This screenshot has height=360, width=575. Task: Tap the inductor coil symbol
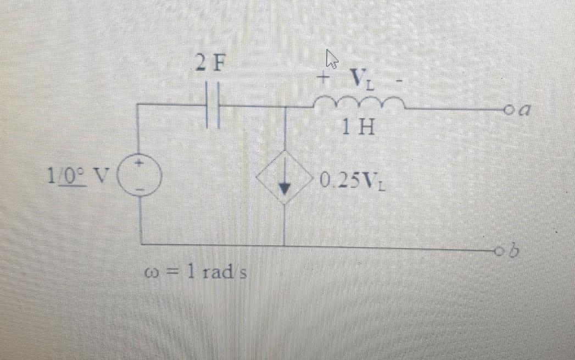[359, 101]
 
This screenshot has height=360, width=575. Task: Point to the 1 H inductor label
[358, 129]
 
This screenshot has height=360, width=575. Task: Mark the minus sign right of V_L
[400, 81]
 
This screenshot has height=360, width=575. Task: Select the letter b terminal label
[513, 251]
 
